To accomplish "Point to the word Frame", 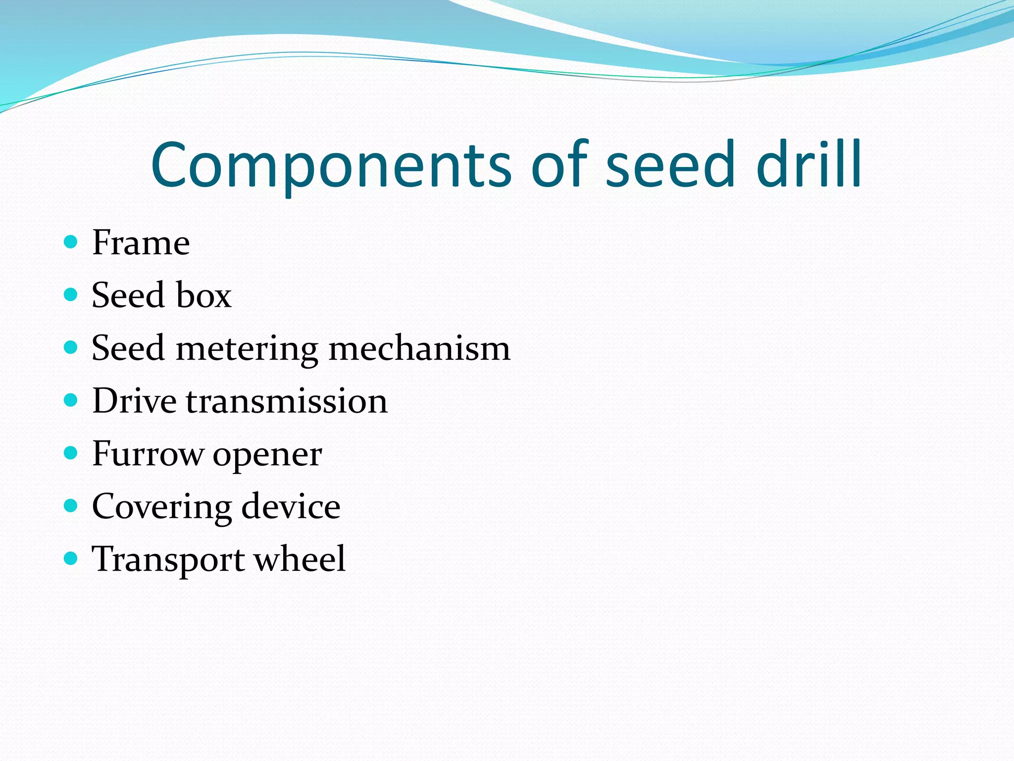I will click(x=141, y=243).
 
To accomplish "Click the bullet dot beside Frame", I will click(x=71, y=242).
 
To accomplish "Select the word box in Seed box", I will click(x=203, y=295).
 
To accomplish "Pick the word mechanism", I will click(x=419, y=348).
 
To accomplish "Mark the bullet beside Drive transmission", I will click(x=71, y=400).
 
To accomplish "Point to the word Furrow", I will click(x=148, y=454).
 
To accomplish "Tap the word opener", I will click(x=267, y=455).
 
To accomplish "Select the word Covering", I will click(x=161, y=507).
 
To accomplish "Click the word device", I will click(x=291, y=506).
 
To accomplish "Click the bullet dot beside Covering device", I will click(x=71, y=505).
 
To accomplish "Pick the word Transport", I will click(x=168, y=560).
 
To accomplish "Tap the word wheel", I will click(x=300, y=559).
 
